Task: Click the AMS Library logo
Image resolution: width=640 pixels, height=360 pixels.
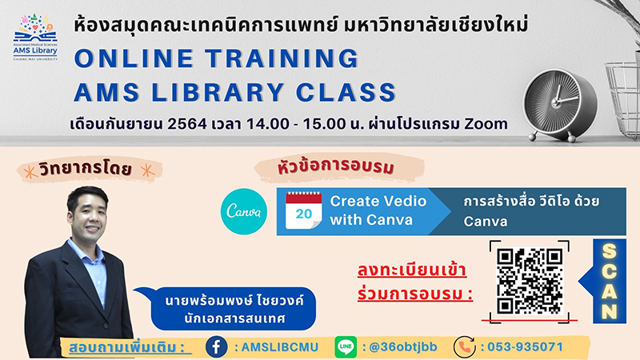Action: [35, 37]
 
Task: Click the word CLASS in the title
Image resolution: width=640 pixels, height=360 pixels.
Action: [346, 92]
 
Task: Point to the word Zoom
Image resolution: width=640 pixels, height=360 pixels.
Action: [486, 123]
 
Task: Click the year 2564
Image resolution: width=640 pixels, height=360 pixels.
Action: [187, 124]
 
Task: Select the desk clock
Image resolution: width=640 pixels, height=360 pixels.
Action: [560, 105]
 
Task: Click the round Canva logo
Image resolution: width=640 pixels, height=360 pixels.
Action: [244, 211]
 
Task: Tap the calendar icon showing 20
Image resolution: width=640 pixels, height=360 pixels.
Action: [303, 210]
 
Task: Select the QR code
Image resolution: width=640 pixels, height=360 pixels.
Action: [530, 282]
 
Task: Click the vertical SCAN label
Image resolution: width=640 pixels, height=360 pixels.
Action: [609, 282]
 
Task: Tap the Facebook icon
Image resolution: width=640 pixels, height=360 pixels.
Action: [216, 347]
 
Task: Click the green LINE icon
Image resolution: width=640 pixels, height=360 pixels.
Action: [346, 347]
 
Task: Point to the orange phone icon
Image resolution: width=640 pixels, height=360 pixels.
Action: [465, 347]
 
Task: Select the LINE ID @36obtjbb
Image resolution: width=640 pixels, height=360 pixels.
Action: [403, 347]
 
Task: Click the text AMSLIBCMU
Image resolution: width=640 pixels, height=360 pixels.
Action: [279, 347]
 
